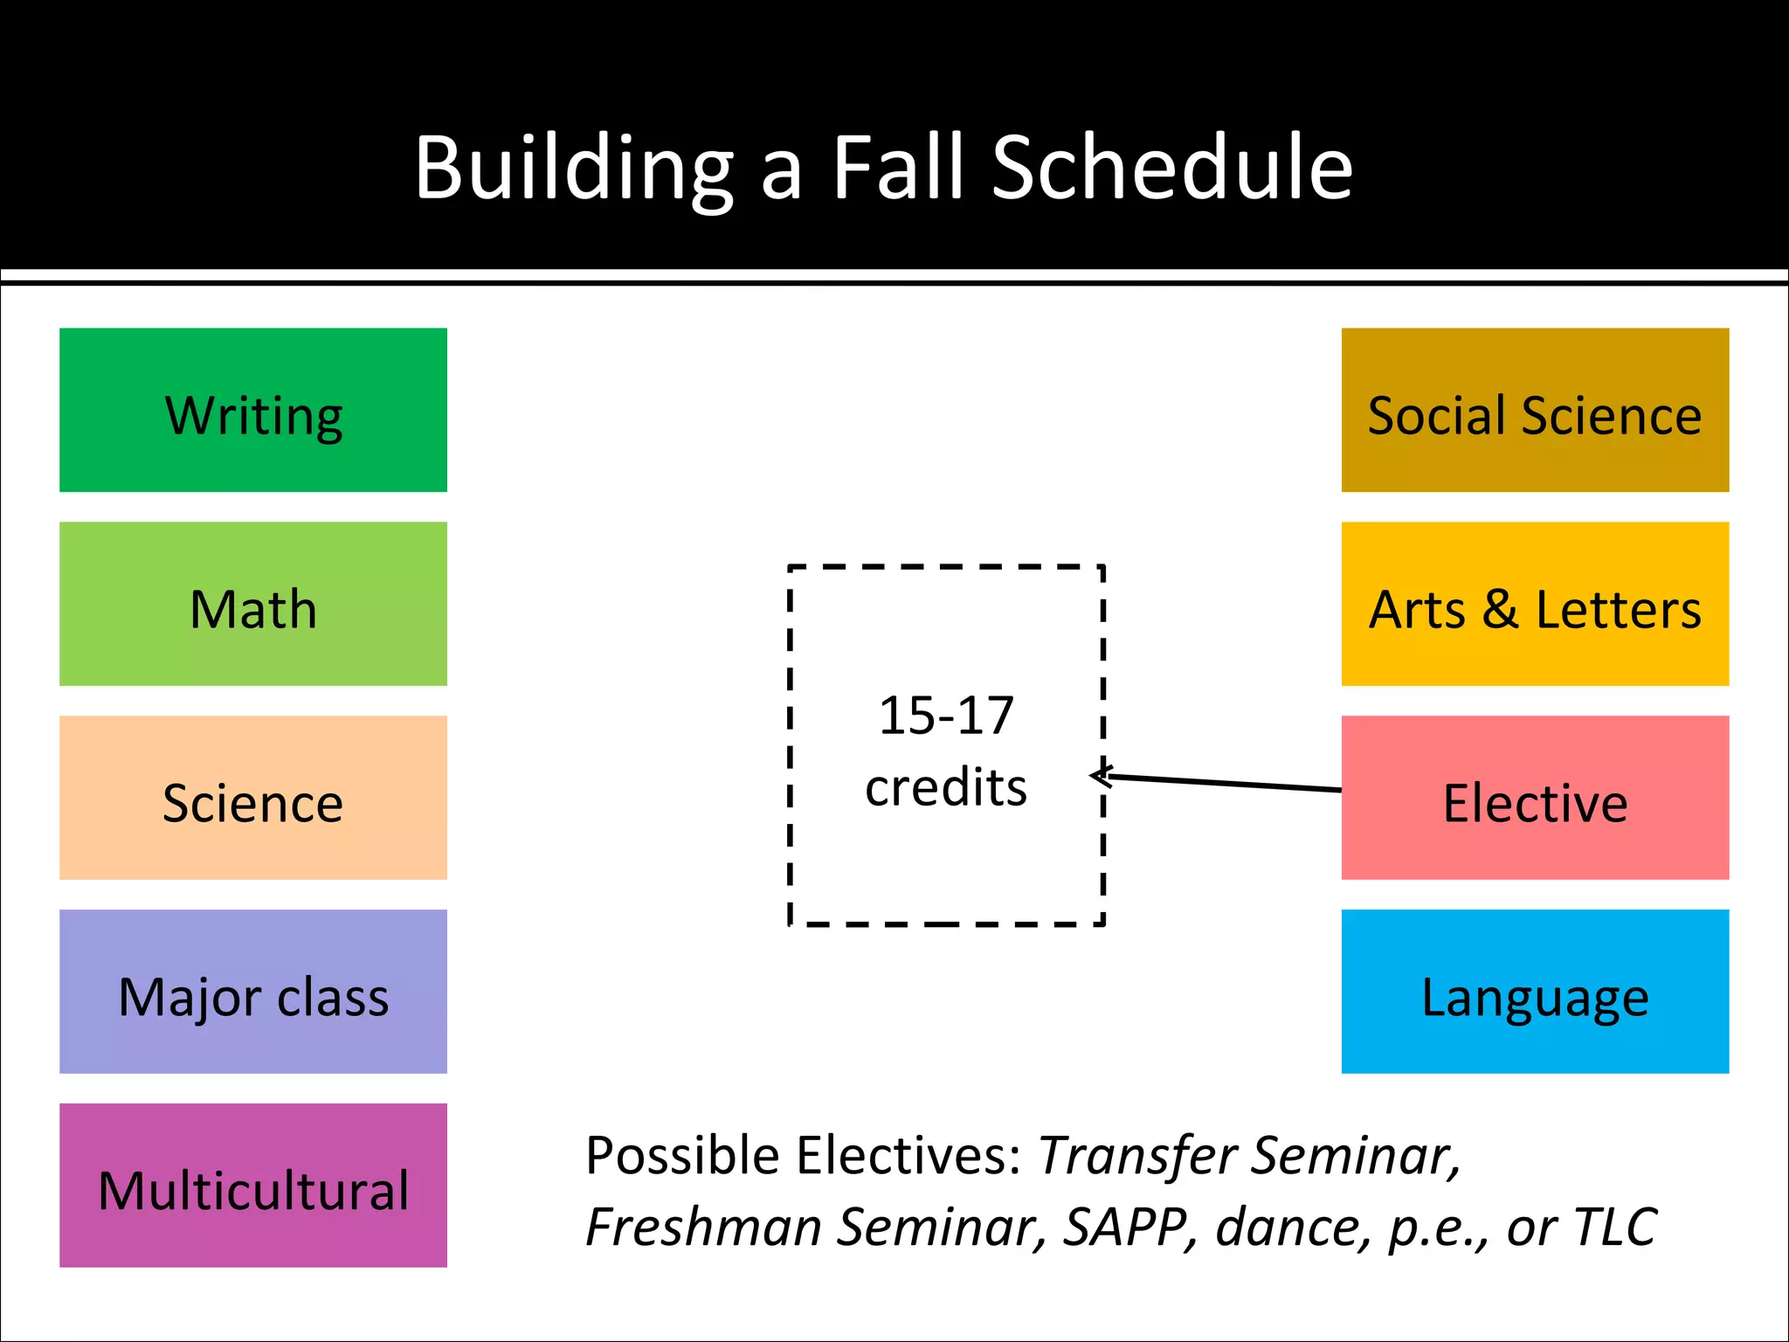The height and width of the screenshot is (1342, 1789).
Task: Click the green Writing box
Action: coord(252,410)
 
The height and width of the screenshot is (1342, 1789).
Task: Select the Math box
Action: coord(252,604)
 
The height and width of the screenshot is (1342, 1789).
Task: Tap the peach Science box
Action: coord(252,798)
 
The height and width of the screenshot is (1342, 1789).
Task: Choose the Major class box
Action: coord(252,992)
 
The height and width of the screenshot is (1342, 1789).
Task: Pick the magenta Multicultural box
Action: coord(252,1186)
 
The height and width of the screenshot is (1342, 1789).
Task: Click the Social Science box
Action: coord(1535,410)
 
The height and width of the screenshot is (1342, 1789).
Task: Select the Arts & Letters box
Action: coord(1535,604)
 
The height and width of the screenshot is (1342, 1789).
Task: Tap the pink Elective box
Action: coord(1535,798)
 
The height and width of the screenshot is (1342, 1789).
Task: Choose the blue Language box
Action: coord(1535,992)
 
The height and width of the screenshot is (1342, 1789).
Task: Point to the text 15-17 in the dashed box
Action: coord(946,716)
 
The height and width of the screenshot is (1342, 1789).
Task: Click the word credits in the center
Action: coord(946,787)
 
